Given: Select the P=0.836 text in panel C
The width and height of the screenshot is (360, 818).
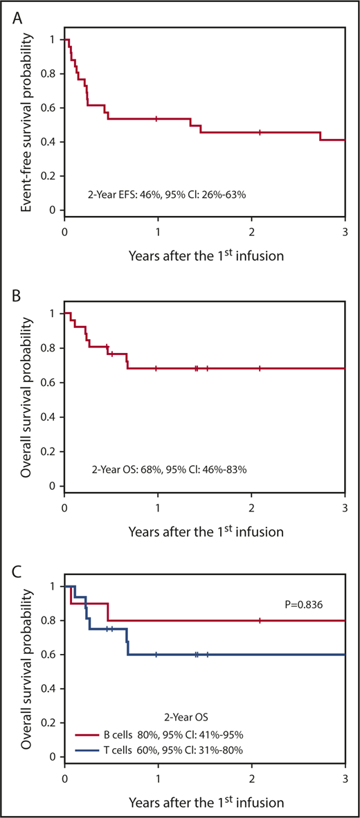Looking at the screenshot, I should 309,603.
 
